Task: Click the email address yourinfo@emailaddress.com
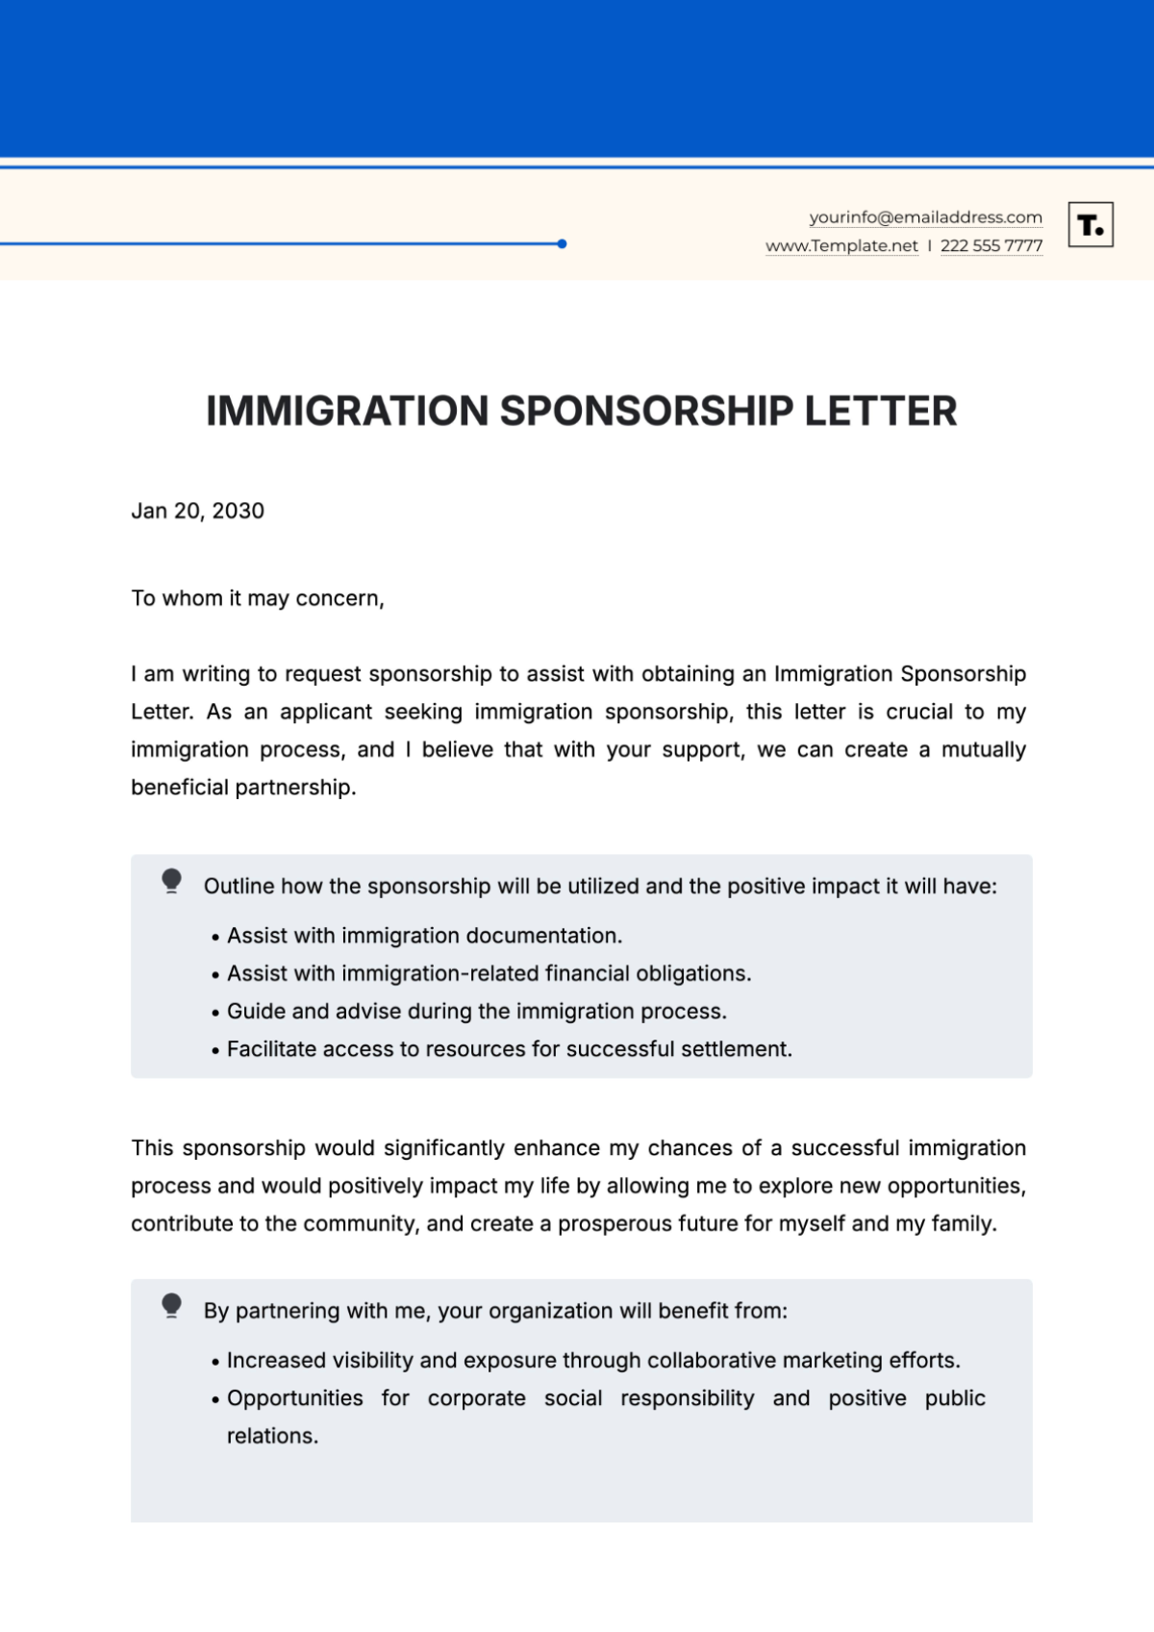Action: click(925, 217)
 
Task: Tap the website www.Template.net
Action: click(841, 246)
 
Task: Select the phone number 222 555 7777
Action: click(991, 246)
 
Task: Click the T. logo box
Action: click(1091, 225)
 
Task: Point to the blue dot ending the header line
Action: click(562, 244)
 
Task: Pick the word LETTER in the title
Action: click(880, 412)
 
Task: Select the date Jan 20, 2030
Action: click(197, 511)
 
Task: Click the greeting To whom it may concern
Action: click(257, 598)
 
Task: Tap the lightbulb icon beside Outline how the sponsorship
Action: click(172, 881)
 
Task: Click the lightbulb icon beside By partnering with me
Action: click(172, 1305)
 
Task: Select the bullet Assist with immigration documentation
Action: click(424, 936)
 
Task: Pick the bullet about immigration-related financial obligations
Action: click(489, 973)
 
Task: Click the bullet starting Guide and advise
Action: click(476, 1012)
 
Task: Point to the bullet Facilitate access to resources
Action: click(509, 1049)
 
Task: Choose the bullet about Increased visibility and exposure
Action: click(592, 1361)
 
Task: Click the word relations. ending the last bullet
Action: click(272, 1436)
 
